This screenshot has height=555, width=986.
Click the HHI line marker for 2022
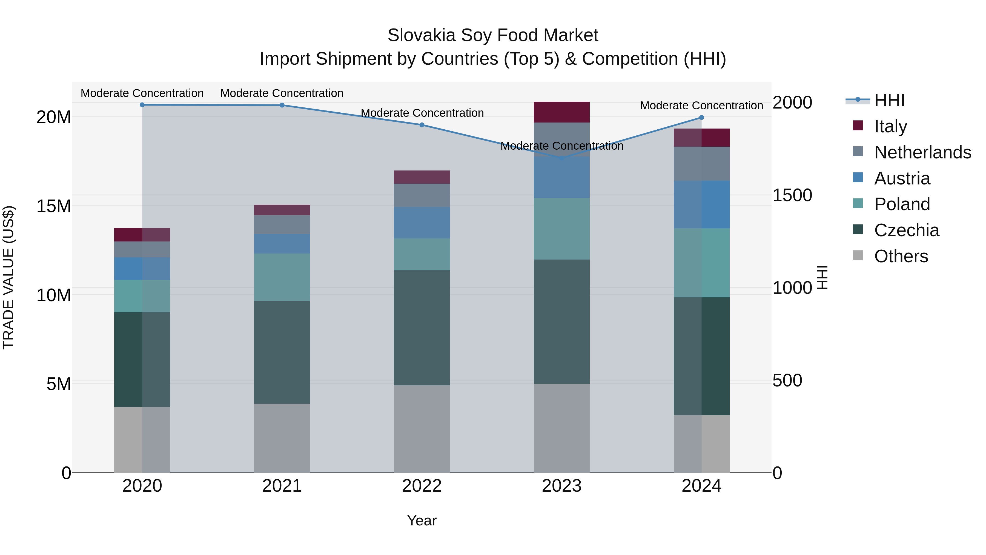422,125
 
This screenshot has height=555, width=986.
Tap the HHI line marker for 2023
561,158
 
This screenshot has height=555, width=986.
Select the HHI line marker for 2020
142,105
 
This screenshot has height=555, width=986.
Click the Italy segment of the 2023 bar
561,112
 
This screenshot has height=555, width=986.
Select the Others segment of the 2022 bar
422,429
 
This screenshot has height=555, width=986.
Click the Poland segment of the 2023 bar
561,229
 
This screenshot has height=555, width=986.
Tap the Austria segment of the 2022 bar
422,223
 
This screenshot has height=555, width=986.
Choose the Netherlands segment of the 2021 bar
282,224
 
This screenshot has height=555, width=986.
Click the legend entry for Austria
902,178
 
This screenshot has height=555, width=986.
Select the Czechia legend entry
906,230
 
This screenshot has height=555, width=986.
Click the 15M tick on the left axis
54,206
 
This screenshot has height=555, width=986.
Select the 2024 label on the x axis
701,486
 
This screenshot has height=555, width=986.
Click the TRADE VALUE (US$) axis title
8,277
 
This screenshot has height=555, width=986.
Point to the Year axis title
422,520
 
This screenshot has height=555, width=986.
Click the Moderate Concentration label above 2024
701,105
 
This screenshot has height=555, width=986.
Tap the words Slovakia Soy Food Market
493,35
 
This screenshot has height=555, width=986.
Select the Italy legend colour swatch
858,126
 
